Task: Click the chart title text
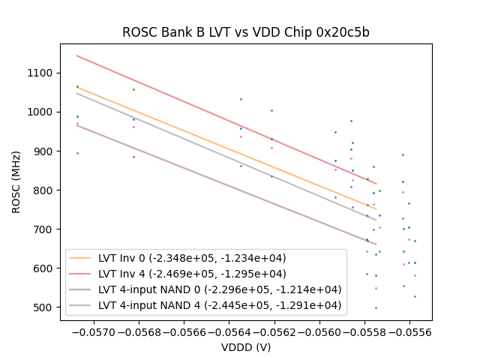pyautogui.click(x=246, y=33)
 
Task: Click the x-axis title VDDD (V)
pyautogui.click(x=246, y=347)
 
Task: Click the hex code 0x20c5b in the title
pyautogui.click(x=346, y=33)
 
